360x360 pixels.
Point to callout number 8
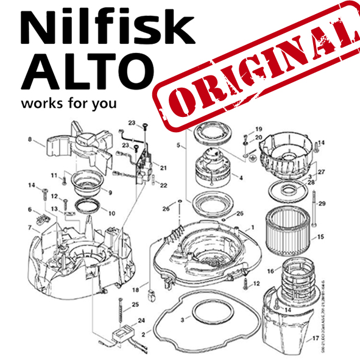pos(29,140)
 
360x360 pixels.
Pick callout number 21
pos(163,168)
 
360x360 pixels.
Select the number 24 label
pos(141,319)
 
